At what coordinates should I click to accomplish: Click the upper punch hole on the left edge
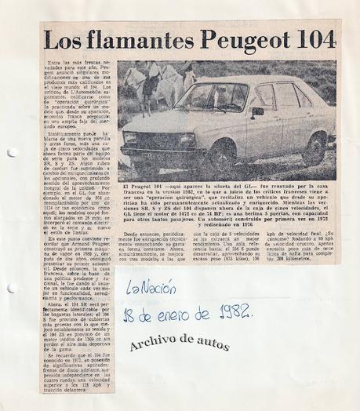coord(11,152)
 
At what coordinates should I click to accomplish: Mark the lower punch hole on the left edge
coord(11,265)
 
